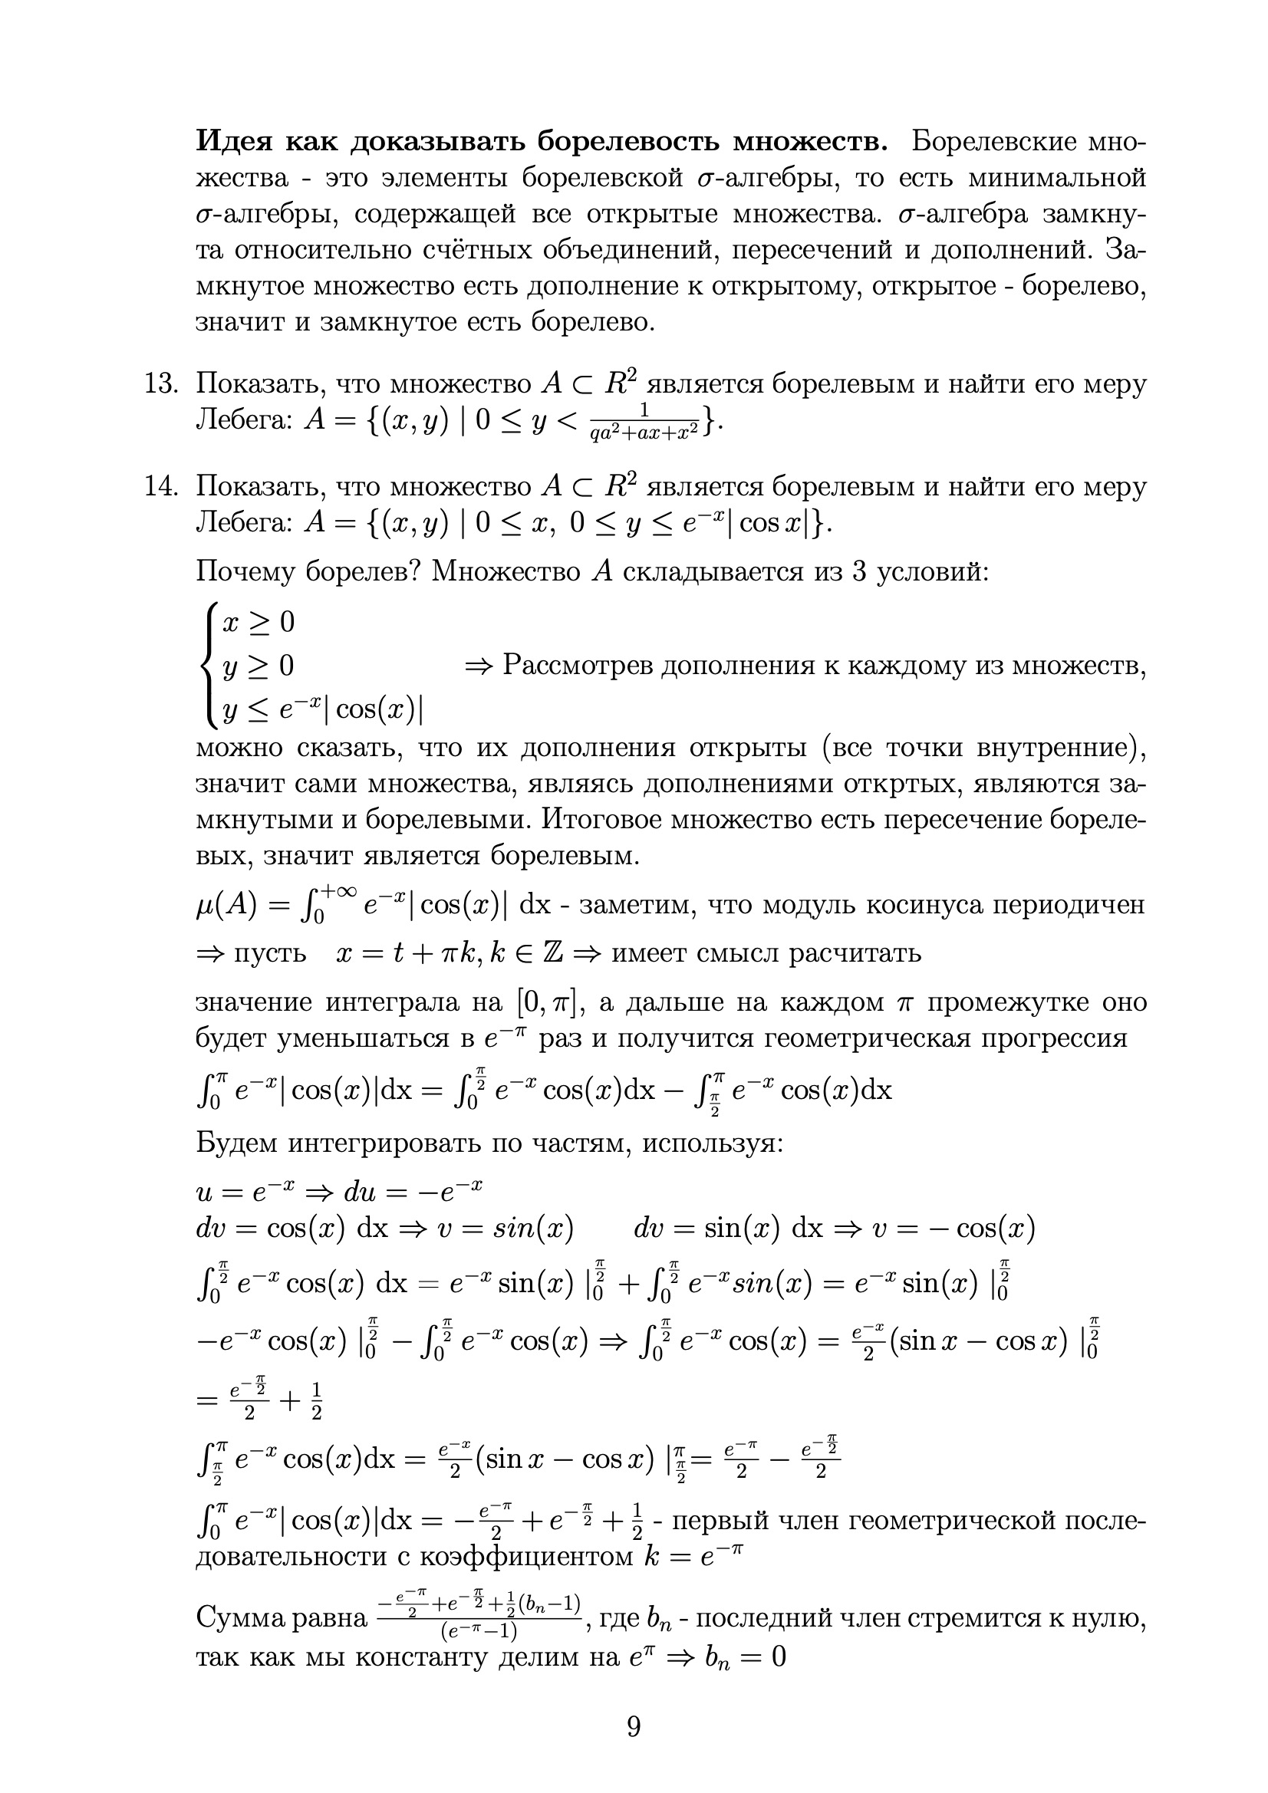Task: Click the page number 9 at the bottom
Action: tap(634, 1726)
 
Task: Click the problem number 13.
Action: tap(162, 384)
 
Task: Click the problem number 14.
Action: tap(162, 486)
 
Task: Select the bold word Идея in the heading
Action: tap(235, 141)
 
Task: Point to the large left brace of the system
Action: tap(207, 666)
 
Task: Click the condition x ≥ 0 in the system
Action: tap(259, 623)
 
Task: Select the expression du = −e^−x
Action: tap(413, 1192)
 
